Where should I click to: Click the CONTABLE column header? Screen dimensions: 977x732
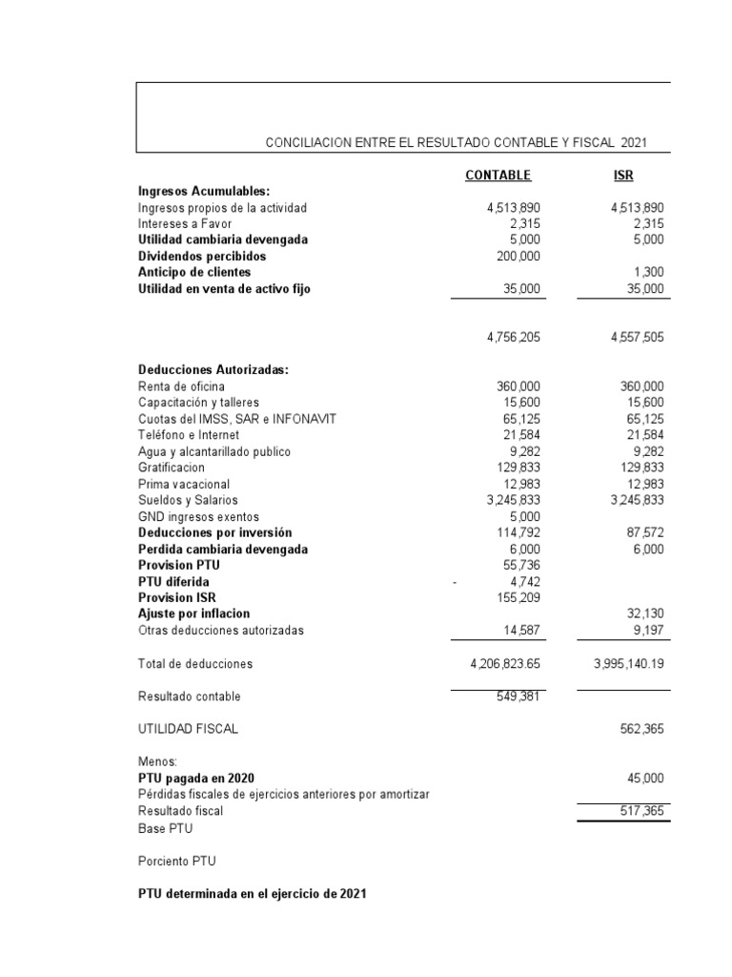point(498,176)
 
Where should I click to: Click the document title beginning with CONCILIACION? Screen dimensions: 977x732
point(456,142)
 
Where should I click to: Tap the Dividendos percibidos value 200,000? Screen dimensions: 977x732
point(518,256)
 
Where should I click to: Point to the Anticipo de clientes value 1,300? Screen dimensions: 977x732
point(646,272)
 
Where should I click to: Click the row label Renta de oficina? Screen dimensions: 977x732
point(181,386)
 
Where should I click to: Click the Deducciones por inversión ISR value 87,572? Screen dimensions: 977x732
point(640,532)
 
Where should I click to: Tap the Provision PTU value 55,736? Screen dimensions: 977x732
point(521,565)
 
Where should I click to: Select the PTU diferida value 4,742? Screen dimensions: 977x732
point(524,581)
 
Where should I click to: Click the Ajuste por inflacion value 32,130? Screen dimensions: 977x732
point(640,613)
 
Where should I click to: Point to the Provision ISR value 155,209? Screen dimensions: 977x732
point(518,597)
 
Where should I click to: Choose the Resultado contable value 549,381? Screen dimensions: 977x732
point(518,696)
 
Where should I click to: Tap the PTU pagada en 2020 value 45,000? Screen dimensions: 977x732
point(640,779)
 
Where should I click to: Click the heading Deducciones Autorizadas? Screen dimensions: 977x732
point(213,370)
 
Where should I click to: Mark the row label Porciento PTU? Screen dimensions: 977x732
point(177,861)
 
